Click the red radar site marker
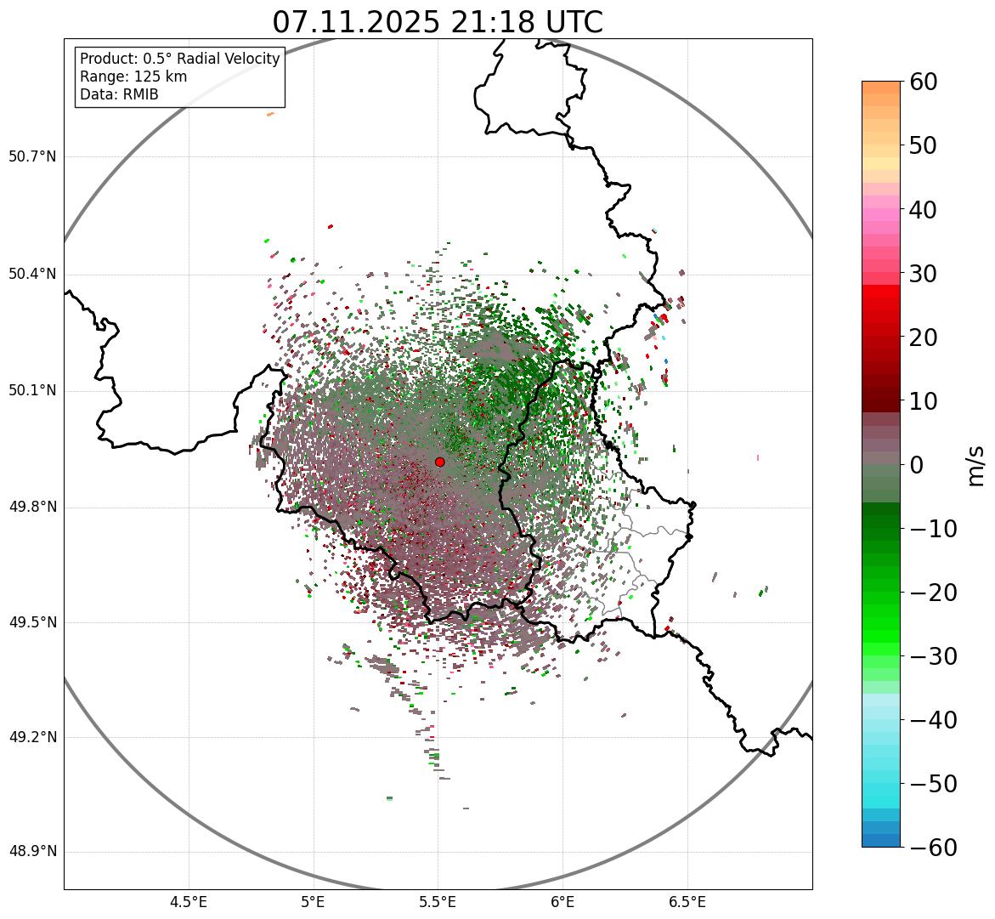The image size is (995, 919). click(439, 462)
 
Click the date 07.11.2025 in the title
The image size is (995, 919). click(356, 23)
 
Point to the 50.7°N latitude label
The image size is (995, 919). click(32, 156)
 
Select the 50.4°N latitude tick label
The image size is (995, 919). click(32, 274)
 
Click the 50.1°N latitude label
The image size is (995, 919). click(32, 391)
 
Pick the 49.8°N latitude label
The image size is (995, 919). click(32, 508)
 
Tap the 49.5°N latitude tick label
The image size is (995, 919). click(32, 622)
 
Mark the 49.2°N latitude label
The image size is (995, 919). click(32, 737)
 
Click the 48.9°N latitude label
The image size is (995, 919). click(32, 852)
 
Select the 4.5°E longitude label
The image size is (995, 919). click(189, 902)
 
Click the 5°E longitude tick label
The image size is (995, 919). click(314, 902)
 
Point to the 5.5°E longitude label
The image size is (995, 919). click(438, 902)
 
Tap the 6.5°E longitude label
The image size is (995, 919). click(687, 902)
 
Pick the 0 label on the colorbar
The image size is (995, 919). click(917, 465)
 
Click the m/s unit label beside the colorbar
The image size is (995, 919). click(976, 465)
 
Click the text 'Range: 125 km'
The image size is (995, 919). click(133, 77)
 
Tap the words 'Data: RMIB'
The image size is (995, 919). click(119, 94)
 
